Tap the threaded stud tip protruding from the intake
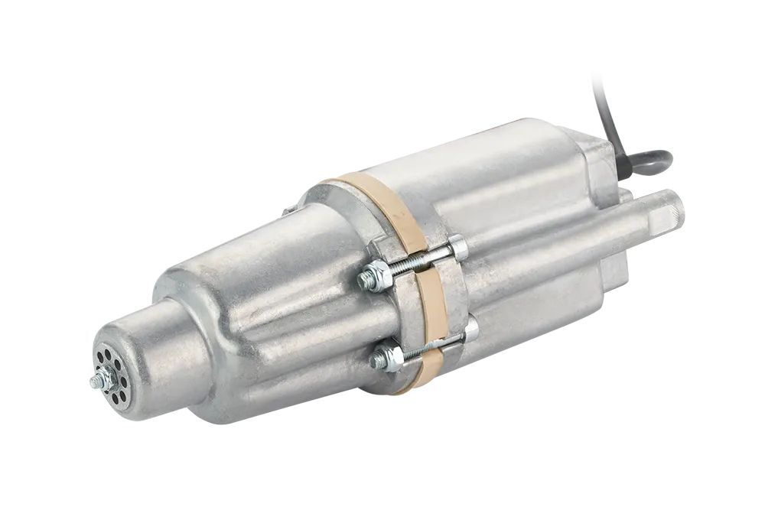(x=93, y=382)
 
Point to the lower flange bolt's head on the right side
(x=470, y=330)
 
